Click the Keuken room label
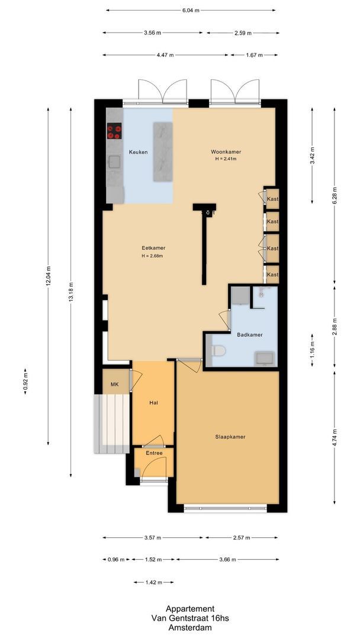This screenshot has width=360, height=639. [139, 152]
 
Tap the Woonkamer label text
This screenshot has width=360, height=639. [226, 152]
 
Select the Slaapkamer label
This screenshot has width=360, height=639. [230, 437]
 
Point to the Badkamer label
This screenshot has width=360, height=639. [249, 334]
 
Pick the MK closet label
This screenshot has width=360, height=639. [115, 385]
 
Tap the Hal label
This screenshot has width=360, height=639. [153, 402]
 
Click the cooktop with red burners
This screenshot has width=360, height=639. [114, 130]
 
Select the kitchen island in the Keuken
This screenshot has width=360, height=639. [162, 151]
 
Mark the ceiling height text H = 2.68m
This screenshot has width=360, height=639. [152, 256]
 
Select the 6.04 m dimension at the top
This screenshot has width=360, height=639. [191, 10]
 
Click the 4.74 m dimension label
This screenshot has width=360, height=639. [335, 438]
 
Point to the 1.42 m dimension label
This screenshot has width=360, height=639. [153, 582]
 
